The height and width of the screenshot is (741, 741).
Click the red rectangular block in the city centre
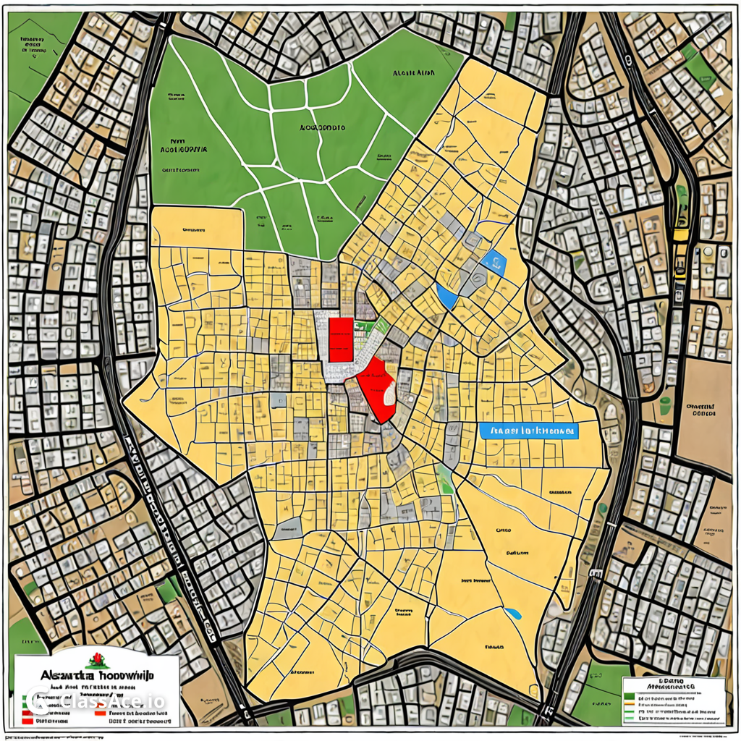tap(340, 339)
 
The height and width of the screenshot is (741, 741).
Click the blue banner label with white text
tap(529, 431)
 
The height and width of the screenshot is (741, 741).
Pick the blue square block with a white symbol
tap(496, 261)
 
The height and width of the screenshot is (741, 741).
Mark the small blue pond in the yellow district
tap(513, 614)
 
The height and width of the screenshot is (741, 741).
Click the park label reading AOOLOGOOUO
tap(322, 127)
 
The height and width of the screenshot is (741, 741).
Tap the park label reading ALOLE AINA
tap(414, 73)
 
